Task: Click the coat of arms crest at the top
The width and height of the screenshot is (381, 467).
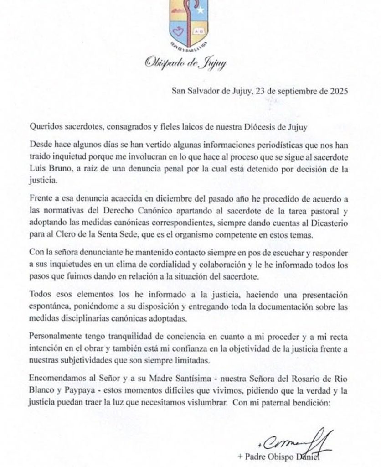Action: click(x=190, y=23)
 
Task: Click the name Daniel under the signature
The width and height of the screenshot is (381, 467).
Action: click(x=320, y=457)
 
